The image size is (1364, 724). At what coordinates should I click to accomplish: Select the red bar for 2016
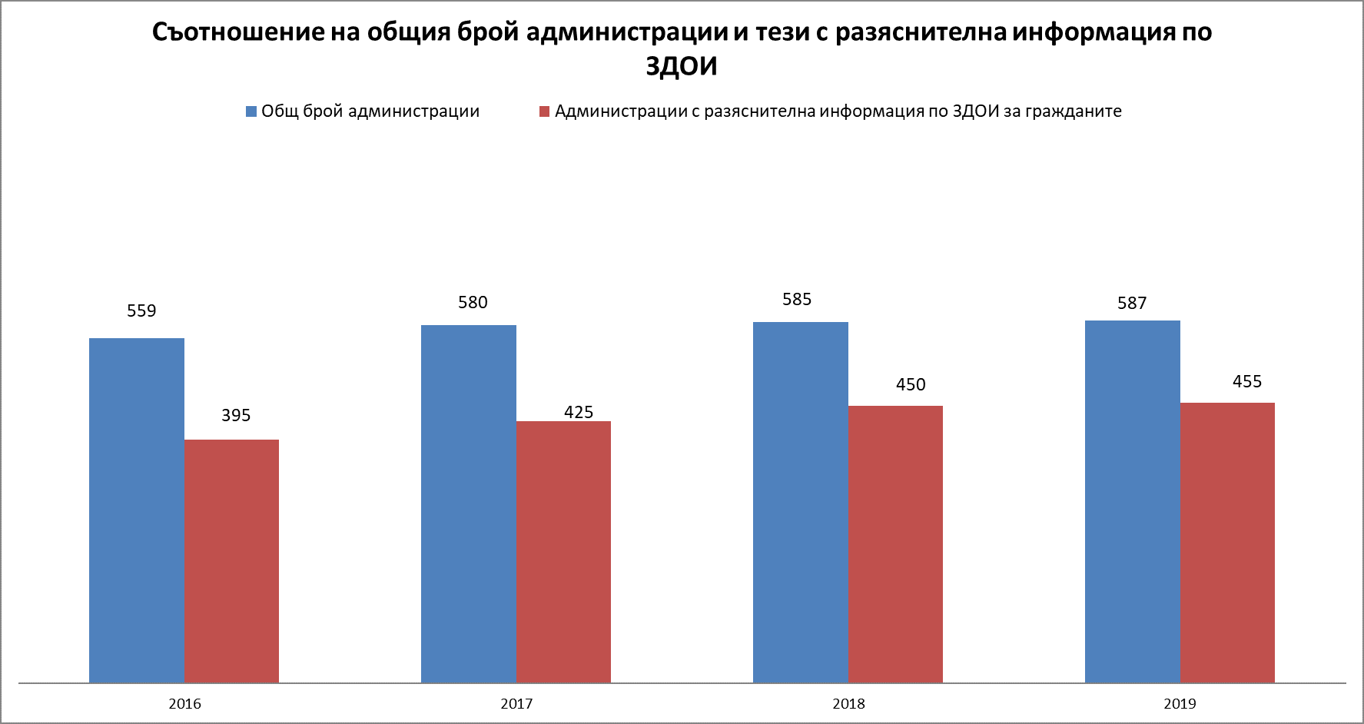coord(231,560)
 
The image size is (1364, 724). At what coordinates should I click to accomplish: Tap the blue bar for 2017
coord(469,503)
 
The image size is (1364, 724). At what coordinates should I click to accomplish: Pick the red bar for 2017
coord(563,551)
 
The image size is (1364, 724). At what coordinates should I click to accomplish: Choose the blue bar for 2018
coord(801,502)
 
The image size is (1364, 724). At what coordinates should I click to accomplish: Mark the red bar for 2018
coord(895,543)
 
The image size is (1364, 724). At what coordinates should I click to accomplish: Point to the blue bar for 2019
coord(1133,501)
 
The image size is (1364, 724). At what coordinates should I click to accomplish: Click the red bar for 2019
coord(1227,542)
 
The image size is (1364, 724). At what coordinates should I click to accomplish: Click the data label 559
coord(141,311)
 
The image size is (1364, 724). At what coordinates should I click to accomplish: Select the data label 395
coord(236,415)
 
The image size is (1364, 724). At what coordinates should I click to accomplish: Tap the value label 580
coord(473,302)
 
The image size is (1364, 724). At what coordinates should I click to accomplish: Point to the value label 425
coord(579,412)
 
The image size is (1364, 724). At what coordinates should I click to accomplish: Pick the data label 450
coord(911,384)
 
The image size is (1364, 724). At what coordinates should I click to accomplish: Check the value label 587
coord(1132,303)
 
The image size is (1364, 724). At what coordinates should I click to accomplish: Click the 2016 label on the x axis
coord(184,703)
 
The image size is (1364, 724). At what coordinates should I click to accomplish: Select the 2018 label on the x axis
coord(848,703)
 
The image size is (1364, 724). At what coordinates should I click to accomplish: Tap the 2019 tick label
coord(1180,703)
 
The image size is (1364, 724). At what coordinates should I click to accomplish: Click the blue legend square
coord(251,111)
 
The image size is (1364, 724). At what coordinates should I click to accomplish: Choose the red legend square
coord(545,111)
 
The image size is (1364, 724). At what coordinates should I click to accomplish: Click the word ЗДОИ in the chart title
coord(681,67)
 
